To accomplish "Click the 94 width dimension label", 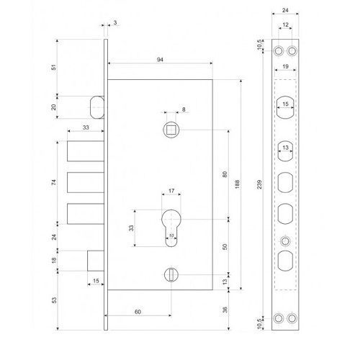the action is click(x=160, y=60).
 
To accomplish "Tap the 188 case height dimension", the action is click(x=237, y=184).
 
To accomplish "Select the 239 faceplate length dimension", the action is click(x=259, y=184).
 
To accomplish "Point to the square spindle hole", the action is click(x=171, y=130).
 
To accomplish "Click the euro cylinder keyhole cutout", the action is click(x=171, y=228).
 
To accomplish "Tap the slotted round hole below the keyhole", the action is click(x=171, y=274).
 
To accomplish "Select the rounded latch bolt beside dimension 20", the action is click(x=97, y=107).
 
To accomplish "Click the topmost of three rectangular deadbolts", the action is click(x=86, y=151).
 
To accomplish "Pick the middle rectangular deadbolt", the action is click(x=86, y=182).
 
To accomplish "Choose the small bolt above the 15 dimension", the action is click(x=96, y=261).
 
